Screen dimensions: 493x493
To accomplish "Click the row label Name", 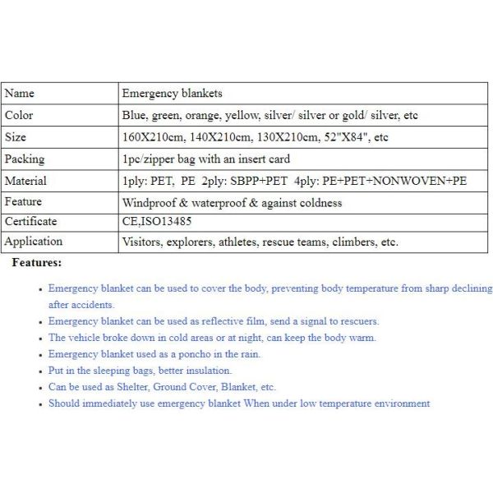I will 20,94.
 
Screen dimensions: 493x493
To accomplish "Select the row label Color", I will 20,116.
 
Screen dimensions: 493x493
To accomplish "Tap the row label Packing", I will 25,159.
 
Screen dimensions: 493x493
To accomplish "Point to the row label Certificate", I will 31,221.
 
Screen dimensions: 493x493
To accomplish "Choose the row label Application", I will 34,242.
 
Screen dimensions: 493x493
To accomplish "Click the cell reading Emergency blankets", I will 172,94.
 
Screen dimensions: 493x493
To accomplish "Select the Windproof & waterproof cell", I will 232,202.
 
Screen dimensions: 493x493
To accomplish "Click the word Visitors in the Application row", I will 141,242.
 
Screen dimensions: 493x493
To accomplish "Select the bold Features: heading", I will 36,263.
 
